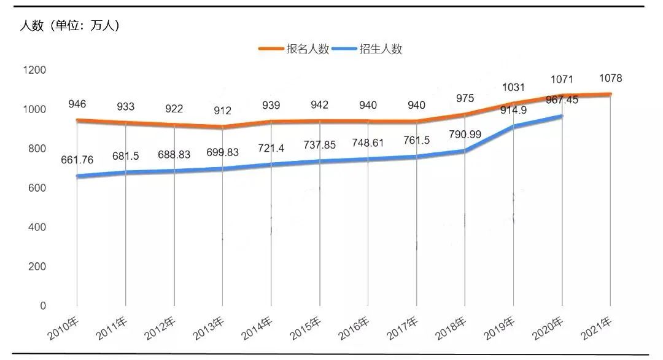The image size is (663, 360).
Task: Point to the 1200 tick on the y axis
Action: click(34, 70)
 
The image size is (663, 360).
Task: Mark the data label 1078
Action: click(611, 78)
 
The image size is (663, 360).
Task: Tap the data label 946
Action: click(77, 106)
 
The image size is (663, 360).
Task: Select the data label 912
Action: click(223, 111)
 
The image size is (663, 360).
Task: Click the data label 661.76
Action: click(77, 161)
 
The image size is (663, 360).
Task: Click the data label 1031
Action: click(514, 87)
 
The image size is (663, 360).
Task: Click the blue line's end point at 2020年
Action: click(562, 116)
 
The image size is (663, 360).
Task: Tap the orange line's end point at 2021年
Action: click(610, 95)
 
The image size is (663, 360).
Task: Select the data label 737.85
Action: click(320, 145)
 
